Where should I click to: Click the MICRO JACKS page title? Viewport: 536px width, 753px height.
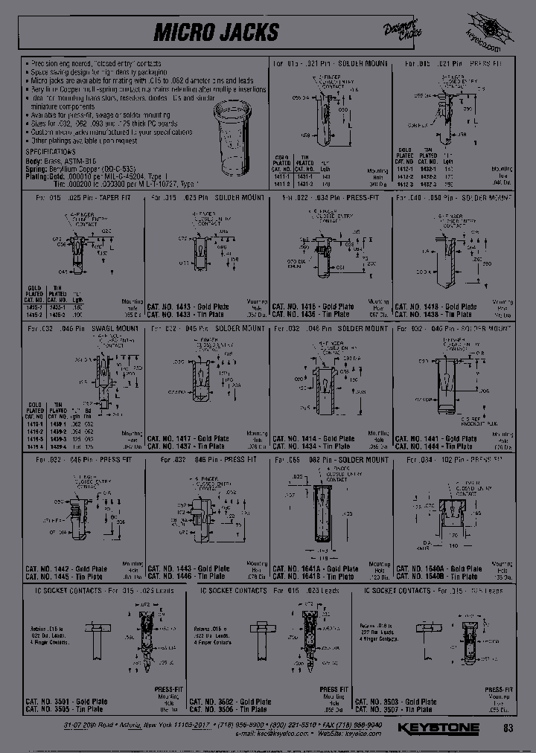click(x=216, y=32)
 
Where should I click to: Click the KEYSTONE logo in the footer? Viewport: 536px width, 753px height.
click(x=438, y=728)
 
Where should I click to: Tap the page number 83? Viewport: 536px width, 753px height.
click(x=508, y=728)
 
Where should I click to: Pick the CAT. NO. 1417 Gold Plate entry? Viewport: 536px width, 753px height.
click(x=188, y=438)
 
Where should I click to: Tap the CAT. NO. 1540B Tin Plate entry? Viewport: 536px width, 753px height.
click(x=438, y=576)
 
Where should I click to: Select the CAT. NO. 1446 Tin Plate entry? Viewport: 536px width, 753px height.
click(x=188, y=576)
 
